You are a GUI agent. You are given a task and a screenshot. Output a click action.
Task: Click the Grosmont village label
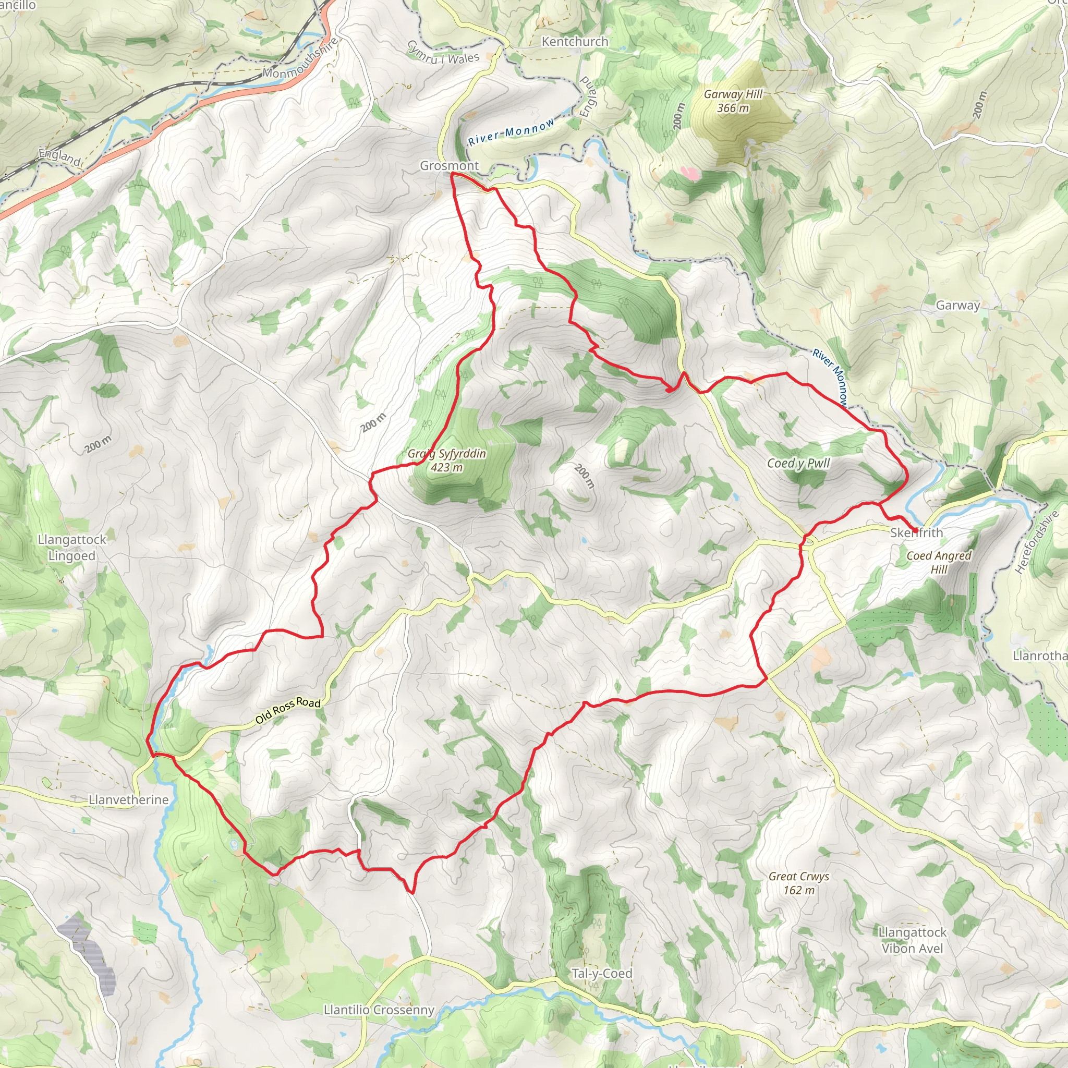(449, 165)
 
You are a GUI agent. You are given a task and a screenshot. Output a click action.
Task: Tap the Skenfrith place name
(916, 533)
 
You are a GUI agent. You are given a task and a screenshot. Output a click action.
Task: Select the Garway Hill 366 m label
(733, 101)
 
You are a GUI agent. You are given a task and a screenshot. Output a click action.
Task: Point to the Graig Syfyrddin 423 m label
(447, 460)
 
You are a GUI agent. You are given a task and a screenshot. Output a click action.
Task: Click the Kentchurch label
(574, 42)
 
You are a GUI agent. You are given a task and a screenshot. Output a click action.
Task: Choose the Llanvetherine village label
(128, 800)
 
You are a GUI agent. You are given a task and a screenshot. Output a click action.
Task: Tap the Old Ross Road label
(287, 710)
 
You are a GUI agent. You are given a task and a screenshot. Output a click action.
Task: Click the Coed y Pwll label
(798, 463)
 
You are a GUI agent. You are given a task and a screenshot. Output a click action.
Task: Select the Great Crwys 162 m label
(798, 883)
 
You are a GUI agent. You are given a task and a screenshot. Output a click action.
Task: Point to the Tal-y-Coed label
(601, 974)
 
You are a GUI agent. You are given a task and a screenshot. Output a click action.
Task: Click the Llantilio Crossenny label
(379, 1010)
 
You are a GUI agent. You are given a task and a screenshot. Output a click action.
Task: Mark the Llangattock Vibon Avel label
(912, 940)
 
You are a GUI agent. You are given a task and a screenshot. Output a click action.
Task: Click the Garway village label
(957, 305)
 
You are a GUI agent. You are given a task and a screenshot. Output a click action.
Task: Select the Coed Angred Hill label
(939, 562)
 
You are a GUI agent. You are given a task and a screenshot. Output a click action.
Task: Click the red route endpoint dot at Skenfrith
(915, 531)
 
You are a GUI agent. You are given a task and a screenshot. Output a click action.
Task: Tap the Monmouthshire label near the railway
(301, 57)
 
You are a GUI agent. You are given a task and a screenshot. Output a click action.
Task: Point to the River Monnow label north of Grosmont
(512, 131)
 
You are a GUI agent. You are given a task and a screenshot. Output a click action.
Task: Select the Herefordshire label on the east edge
(1037, 542)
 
